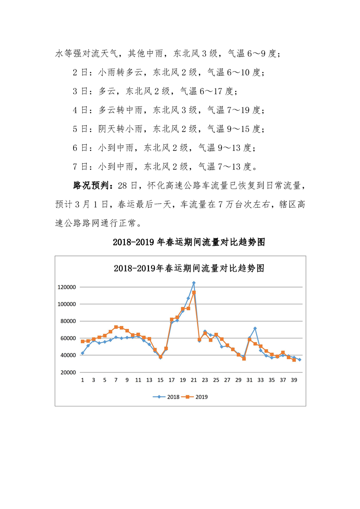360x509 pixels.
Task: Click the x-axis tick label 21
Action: pyautogui.click(x=194, y=380)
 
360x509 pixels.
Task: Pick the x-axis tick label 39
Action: pyautogui.click(x=294, y=380)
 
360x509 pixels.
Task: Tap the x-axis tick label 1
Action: pyautogui.click(x=83, y=380)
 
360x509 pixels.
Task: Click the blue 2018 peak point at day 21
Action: pyautogui.click(x=194, y=283)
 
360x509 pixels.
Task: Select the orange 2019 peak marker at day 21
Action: pyautogui.click(x=194, y=293)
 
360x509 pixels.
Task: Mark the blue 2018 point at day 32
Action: pyautogui.click(x=255, y=328)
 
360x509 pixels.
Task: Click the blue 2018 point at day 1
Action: pyautogui.click(x=83, y=353)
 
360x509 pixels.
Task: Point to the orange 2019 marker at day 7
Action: pyautogui.click(x=116, y=327)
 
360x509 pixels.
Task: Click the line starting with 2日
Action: pyautogui.click(x=168, y=72)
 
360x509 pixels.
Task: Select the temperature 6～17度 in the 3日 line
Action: pyautogui.click(x=216, y=91)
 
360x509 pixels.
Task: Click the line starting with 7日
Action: pyautogui.click(x=163, y=166)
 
